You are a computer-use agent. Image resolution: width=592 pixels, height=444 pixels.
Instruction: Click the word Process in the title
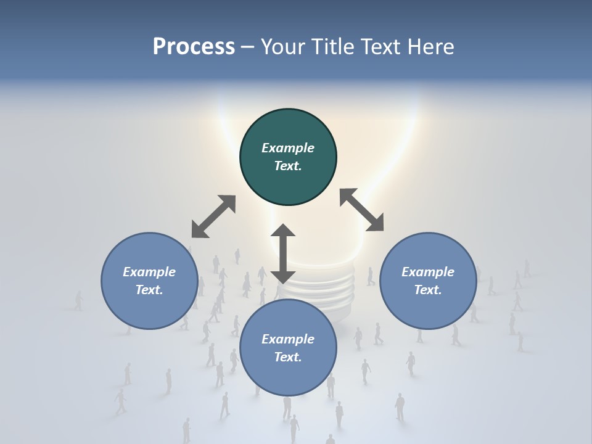[x=194, y=47]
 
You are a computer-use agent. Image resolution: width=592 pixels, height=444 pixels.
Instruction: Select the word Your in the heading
[x=284, y=47]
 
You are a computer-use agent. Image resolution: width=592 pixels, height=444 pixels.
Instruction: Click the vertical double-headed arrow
[x=283, y=253]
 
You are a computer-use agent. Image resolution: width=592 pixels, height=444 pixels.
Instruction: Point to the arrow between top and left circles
[x=213, y=216]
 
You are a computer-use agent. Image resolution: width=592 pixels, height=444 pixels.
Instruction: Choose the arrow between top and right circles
[x=361, y=210]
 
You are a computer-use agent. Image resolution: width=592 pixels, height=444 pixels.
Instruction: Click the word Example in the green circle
[x=288, y=148]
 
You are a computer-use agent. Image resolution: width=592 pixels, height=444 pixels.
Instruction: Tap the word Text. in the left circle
[x=149, y=290]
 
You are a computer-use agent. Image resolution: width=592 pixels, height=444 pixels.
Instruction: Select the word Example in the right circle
[x=428, y=272]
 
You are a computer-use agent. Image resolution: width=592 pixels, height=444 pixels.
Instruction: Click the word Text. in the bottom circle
[x=288, y=357]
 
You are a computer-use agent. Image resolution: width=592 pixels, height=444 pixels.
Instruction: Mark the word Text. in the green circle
[x=288, y=166]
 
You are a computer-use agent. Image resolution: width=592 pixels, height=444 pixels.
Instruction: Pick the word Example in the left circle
[x=149, y=272]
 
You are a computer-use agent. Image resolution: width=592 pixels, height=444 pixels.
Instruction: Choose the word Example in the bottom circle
[x=288, y=339]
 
